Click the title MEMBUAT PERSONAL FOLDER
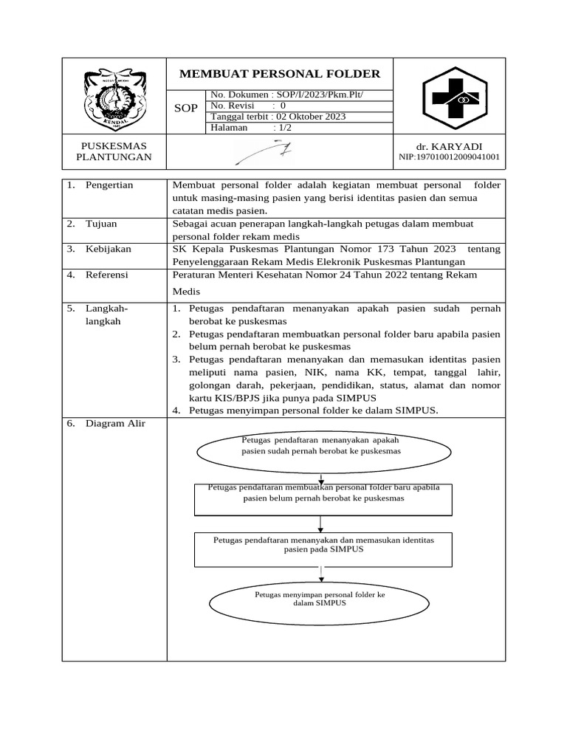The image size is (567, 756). (280, 74)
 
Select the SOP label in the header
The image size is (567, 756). (185, 109)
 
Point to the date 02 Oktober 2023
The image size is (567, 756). (310, 117)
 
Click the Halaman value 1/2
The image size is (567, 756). (283, 128)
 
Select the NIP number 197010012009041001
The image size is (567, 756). (449, 157)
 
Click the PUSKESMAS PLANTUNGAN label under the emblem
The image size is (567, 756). (114, 152)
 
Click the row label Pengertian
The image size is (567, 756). (109, 185)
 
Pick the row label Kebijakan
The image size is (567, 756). (108, 250)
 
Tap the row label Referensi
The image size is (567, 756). (107, 275)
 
